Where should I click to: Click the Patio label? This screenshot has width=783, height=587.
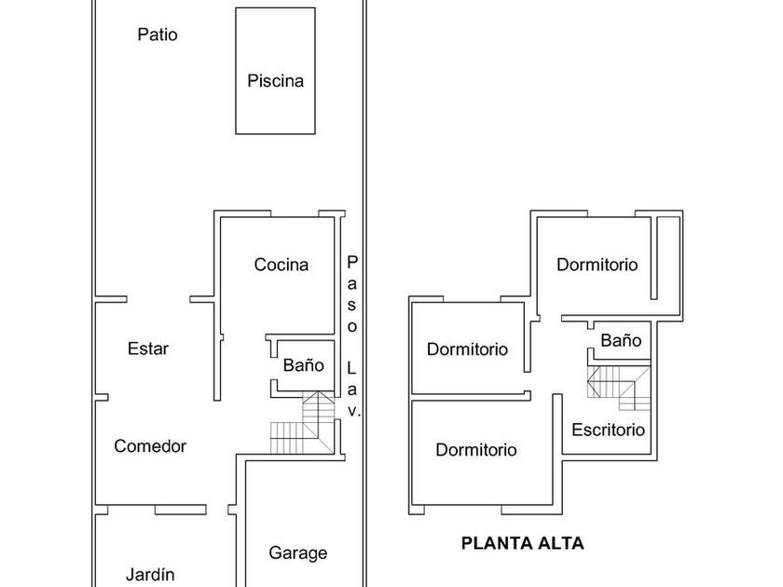(157, 35)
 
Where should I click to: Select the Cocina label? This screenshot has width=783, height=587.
(282, 266)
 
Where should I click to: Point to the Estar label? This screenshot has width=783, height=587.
(148, 349)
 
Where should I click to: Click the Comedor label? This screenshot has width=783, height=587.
(150, 446)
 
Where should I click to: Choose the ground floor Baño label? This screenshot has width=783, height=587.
(304, 365)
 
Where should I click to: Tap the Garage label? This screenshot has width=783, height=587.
(298, 553)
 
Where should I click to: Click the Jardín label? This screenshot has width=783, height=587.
(150, 575)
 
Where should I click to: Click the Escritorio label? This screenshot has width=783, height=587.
(608, 430)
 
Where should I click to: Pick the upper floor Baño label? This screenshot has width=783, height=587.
(621, 341)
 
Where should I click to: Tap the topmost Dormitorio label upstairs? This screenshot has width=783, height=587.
(598, 265)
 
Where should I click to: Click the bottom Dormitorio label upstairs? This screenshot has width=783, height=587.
(476, 450)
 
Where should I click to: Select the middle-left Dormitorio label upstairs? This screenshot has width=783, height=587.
(468, 349)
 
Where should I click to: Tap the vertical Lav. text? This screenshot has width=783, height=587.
(352, 388)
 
